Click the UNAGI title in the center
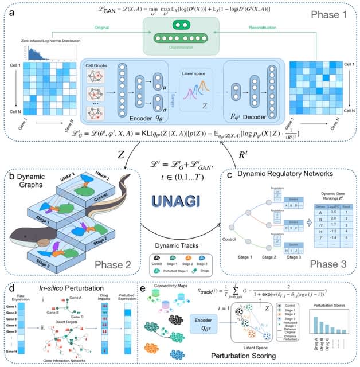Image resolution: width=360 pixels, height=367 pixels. tap(178, 200)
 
